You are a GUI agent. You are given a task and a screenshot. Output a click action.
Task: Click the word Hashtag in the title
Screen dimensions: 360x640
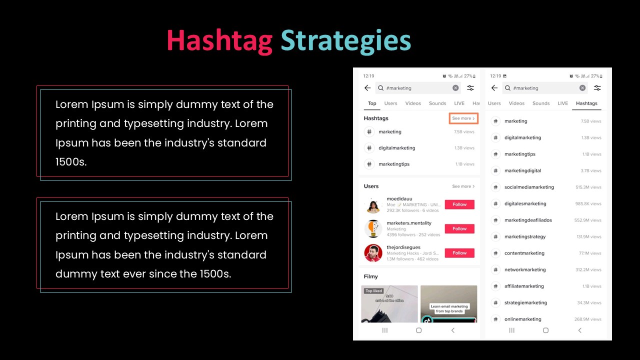click(219, 40)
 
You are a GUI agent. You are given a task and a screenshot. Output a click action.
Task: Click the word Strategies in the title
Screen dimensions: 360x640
click(345, 40)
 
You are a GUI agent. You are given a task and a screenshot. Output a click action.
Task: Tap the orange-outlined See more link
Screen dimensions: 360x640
click(463, 118)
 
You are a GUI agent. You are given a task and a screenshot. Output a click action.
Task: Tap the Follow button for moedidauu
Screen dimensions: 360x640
click(459, 204)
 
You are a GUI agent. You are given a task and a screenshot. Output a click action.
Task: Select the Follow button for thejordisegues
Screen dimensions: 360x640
click(459, 253)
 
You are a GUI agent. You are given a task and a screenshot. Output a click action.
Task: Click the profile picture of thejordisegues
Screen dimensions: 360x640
click(373, 253)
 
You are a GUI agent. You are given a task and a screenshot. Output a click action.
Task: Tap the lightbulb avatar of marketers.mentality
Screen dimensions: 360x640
click(373, 228)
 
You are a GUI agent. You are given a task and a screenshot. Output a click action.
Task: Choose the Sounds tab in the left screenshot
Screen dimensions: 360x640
click(437, 103)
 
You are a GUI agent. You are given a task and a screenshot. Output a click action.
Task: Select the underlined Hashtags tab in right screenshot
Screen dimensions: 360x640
click(586, 103)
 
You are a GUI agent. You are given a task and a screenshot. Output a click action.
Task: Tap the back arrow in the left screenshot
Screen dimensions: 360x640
click(367, 88)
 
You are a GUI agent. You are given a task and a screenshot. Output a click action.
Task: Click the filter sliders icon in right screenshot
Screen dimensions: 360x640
click(597, 88)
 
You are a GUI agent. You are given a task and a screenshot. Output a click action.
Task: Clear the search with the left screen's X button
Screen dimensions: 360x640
click(455, 88)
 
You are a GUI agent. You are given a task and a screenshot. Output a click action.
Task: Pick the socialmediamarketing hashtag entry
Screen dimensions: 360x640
click(529, 187)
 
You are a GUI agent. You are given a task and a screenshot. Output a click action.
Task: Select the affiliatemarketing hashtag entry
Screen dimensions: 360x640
click(523, 286)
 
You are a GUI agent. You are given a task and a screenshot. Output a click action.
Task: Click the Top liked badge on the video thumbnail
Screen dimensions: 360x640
click(373, 290)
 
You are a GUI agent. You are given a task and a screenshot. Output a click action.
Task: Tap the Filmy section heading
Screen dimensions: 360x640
click(370, 276)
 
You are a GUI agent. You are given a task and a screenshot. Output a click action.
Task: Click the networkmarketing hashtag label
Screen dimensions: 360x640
click(525, 269)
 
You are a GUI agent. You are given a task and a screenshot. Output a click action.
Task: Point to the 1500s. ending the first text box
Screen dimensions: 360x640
click(71, 162)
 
